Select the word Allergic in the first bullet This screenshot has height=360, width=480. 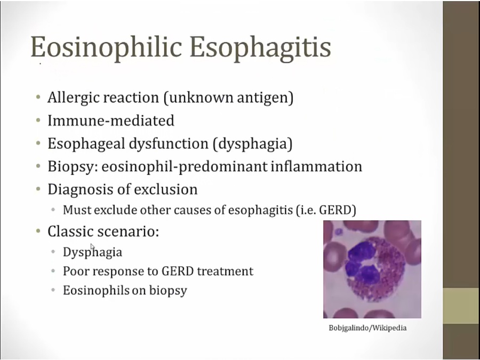tap(72, 98)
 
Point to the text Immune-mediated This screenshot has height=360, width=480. tap(111, 121)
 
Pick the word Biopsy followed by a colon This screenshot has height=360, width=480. tap(73, 167)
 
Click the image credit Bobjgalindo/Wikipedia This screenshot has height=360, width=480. tap(367, 328)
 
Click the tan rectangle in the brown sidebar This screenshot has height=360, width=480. tap(461, 306)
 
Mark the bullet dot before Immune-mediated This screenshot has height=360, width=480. tap(38, 121)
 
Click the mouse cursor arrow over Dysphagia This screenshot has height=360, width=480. tap(92, 247)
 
